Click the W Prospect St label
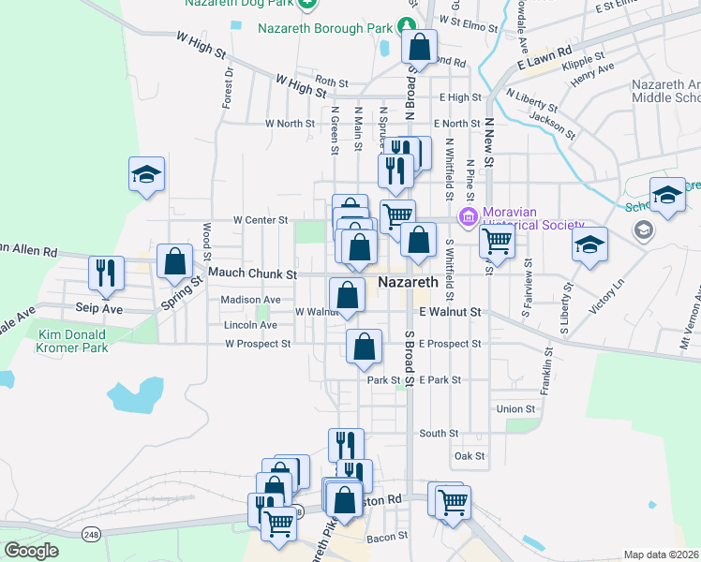pyautogui.click(x=258, y=344)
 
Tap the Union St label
pyautogui.click(x=515, y=409)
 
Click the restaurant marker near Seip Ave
pyautogui.click(x=105, y=273)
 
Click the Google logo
pyautogui.click(x=31, y=551)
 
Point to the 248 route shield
pyautogui.click(x=91, y=534)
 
